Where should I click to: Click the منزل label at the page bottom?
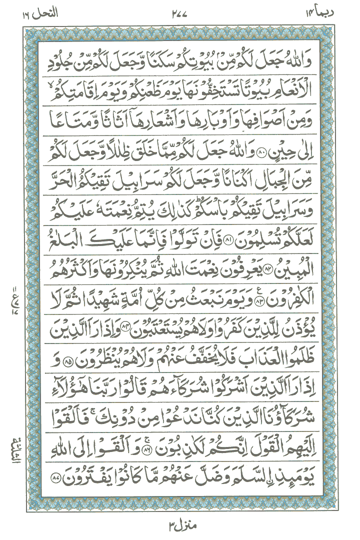179,525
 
